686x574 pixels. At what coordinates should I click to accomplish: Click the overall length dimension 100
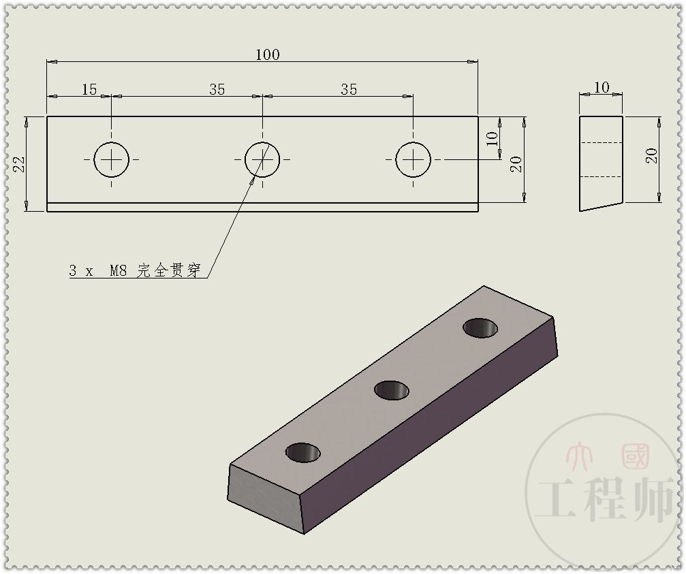point(267,54)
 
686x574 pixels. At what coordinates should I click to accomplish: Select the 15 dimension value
point(89,89)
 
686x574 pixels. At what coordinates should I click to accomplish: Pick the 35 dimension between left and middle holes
point(217,89)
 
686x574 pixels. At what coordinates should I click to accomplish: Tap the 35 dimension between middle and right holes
point(349,89)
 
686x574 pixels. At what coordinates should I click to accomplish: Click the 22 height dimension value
point(19,164)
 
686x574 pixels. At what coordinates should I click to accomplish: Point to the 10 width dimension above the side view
point(602,87)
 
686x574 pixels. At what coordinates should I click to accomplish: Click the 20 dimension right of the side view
point(652,155)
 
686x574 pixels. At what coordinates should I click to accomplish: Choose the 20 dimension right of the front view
point(516,163)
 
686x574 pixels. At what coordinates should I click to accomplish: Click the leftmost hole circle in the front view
point(111,159)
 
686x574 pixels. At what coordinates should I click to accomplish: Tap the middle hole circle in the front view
point(262,159)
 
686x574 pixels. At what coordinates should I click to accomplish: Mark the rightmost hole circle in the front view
point(413,159)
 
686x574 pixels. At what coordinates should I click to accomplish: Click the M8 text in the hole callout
point(120,271)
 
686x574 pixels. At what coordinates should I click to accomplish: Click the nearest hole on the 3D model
point(303,452)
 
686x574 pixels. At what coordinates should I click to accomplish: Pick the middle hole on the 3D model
point(392,390)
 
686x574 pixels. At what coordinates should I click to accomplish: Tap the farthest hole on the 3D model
point(480,328)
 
